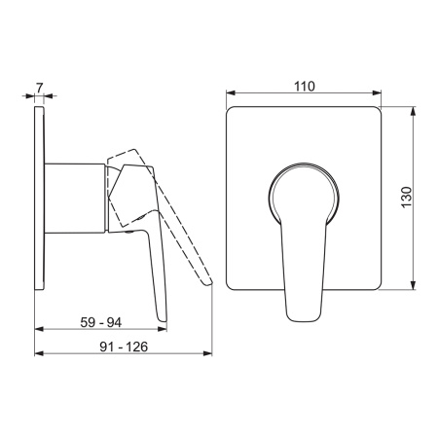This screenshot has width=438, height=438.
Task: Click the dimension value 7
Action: coord(39,88)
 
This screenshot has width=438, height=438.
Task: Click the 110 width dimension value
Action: coord(305,87)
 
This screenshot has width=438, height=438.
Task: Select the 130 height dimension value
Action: coord(406,198)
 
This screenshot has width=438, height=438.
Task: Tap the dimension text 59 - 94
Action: coord(101,322)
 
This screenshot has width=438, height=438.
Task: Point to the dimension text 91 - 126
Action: coord(124,347)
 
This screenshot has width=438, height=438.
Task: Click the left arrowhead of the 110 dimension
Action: coord(231,93)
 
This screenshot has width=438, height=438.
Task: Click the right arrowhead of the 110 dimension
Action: coord(377,93)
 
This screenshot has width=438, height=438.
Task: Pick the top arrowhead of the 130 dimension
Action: coord(413,111)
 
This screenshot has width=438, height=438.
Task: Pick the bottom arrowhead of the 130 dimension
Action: coord(413,285)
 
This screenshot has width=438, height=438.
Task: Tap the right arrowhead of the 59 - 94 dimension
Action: coord(163,329)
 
